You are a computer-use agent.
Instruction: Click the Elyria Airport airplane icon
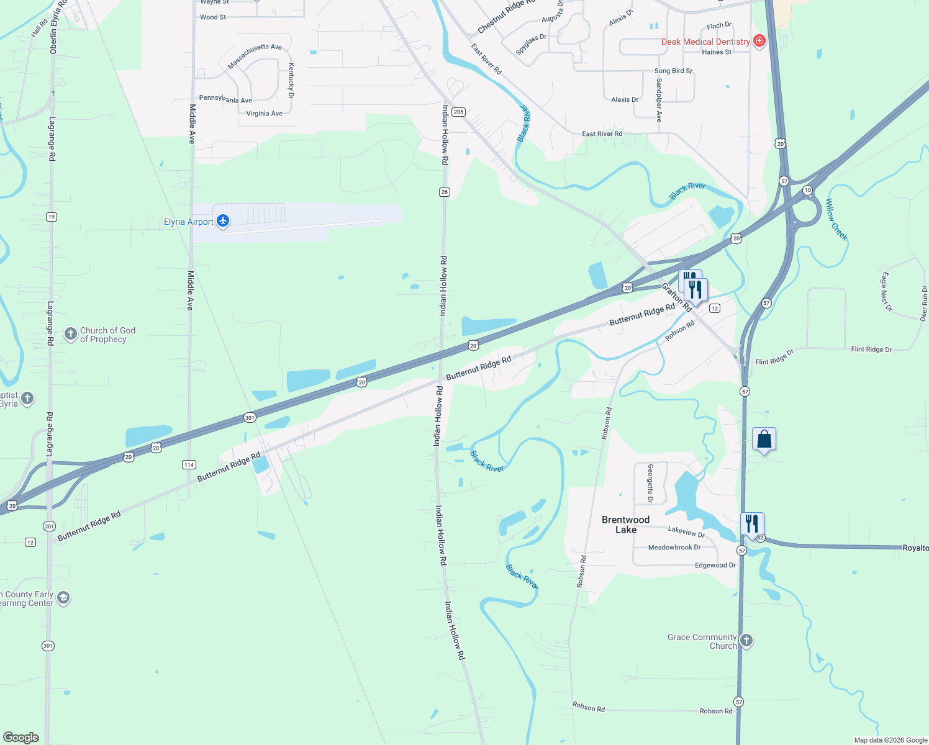tap(223, 221)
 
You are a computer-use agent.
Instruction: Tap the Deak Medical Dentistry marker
tap(759, 41)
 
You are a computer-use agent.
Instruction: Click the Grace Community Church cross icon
tap(746, 640)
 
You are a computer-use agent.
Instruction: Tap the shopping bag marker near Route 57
tap(764, 440)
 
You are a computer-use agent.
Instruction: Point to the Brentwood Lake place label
tap(625, 525)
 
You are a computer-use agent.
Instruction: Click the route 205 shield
tap(458, 112)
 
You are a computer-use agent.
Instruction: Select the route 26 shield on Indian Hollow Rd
tap(444, 192)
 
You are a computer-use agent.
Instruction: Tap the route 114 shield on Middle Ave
tap(189, 464)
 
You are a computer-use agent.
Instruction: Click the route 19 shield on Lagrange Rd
tap(51, 217)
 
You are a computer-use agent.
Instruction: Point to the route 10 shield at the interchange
tap(807, 190)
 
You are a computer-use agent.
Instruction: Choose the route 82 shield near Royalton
tap(760, 538)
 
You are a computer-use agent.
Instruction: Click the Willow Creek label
tap(836, 219)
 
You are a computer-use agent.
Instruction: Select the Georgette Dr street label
tap(650, 483)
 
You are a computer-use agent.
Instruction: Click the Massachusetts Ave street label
tap(255, 56)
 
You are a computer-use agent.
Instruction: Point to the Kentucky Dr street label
tap(291, 81)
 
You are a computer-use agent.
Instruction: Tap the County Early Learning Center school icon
tap(63, 598)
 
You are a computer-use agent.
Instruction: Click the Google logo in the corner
tap(20, 737)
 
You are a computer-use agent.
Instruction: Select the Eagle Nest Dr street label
tap(885, 291)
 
